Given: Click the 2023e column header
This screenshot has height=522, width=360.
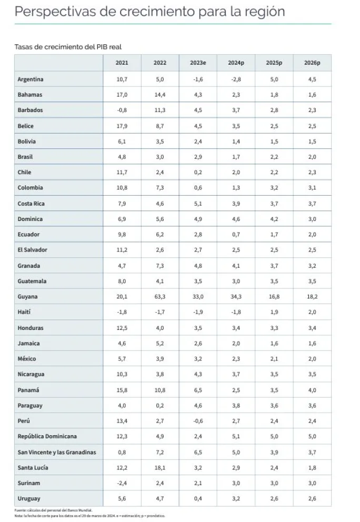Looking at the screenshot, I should (198, 63).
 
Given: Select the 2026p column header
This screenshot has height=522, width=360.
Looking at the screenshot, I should (312, 63).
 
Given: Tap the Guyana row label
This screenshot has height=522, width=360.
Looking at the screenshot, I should (27, 297).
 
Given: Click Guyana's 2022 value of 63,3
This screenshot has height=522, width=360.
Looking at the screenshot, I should (160, 297).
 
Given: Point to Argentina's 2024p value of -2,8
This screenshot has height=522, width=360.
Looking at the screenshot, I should (236, 79).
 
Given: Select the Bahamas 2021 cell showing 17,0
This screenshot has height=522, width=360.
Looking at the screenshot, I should (122, 95).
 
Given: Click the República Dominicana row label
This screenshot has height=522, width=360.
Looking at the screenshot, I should (47, 437).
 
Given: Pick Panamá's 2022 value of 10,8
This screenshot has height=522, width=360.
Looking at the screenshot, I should (160, 390).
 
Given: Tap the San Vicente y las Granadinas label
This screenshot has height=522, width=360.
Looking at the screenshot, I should (57, 452).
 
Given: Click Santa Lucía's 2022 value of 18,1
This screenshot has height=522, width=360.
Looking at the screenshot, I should (160, 468).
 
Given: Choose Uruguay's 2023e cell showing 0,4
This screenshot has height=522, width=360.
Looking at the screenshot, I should (198, 499).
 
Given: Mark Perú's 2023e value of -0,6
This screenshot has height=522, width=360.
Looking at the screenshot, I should (198, 421).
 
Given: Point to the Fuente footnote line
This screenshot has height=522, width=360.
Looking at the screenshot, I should (53, 510).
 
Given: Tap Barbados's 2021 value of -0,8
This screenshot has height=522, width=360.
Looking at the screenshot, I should (122, 111).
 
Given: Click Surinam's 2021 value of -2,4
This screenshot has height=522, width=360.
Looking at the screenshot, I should (122, 483).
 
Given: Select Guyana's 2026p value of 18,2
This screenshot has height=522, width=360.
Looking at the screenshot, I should (312, 297).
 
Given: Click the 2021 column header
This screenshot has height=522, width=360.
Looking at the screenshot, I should (122, 63).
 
